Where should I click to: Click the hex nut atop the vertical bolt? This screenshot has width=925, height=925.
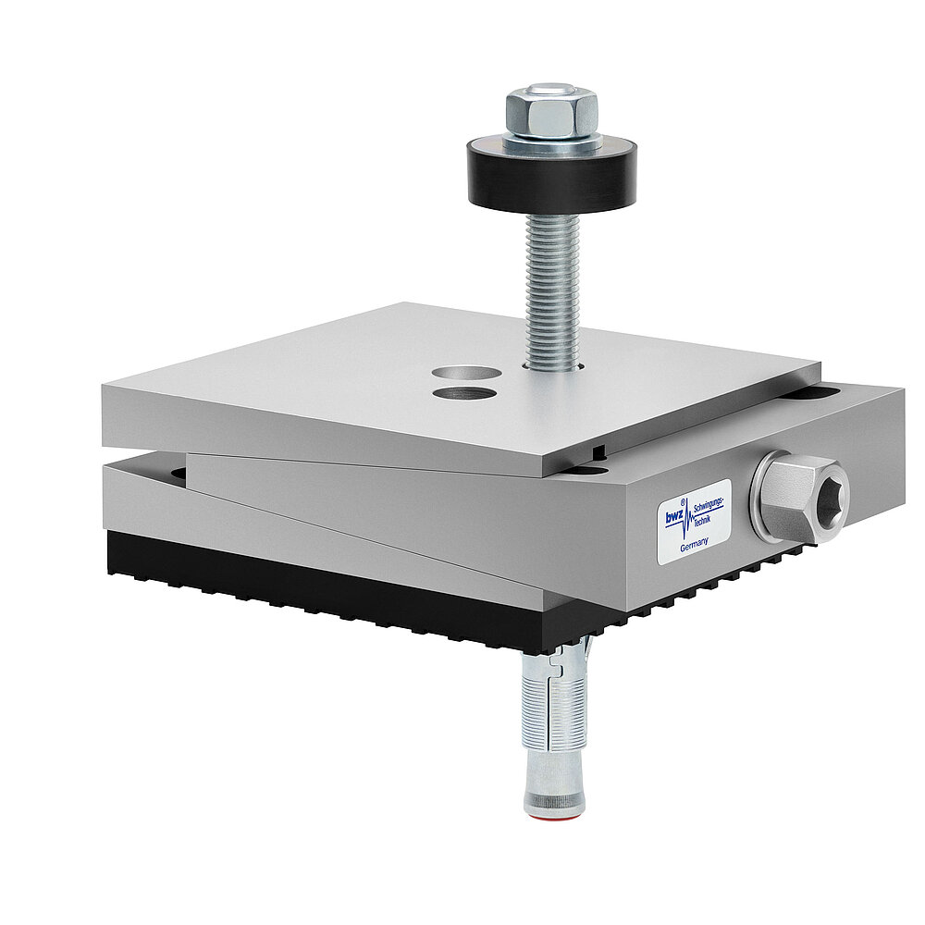[x=551, y=116]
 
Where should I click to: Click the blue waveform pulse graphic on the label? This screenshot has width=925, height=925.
[x=687, y=523]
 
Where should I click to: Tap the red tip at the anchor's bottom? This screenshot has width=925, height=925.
[x=554, y=814]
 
